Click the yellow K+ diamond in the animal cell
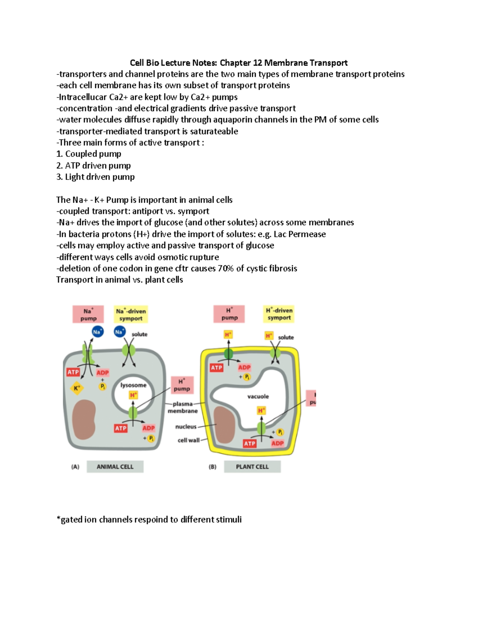(77, 388)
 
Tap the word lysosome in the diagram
(133, 385)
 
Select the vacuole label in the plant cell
(258, 396)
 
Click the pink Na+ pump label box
(88, 314)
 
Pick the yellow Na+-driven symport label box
(131, 314)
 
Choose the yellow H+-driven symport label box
(279, 314)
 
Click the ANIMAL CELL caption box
(115, 467)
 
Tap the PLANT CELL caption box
(252, 467)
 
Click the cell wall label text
(188, 440)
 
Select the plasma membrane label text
(183, 407)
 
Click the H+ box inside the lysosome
(133, 395)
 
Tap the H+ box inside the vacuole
(261, 410)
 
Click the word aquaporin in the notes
(233, 120)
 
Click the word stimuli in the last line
(227, 520)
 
